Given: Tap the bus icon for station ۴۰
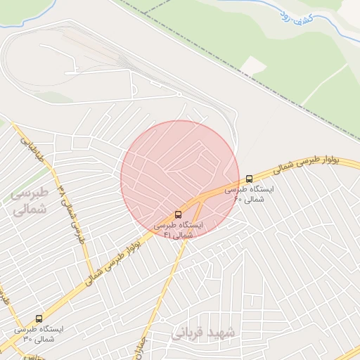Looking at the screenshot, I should point(250,178).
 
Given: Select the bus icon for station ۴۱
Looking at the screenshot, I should point(178,214).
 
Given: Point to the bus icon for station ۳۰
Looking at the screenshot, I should point(38,319).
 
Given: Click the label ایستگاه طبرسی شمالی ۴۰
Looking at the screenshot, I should point(250,194).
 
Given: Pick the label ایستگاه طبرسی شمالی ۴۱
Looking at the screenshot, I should point(178,230).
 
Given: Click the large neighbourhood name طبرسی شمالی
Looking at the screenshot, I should point(29,200).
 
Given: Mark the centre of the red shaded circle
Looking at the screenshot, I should point(180,180).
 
